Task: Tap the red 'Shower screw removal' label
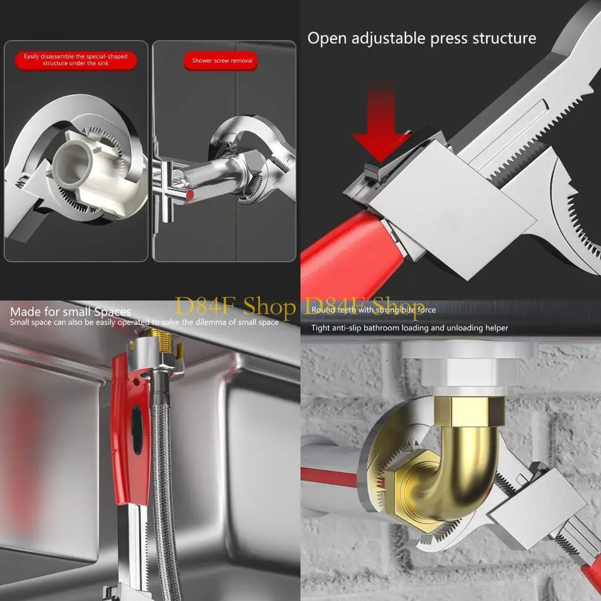coord(221,60)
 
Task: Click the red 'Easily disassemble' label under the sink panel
coord(76,60)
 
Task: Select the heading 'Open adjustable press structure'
coord(421,38)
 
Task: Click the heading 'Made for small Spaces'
coord(70,312)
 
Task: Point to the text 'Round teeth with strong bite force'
coord(373,310)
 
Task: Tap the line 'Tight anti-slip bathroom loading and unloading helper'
coord(409,328)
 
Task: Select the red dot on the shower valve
coord(190,195)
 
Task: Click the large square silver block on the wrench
coord(453,209)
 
